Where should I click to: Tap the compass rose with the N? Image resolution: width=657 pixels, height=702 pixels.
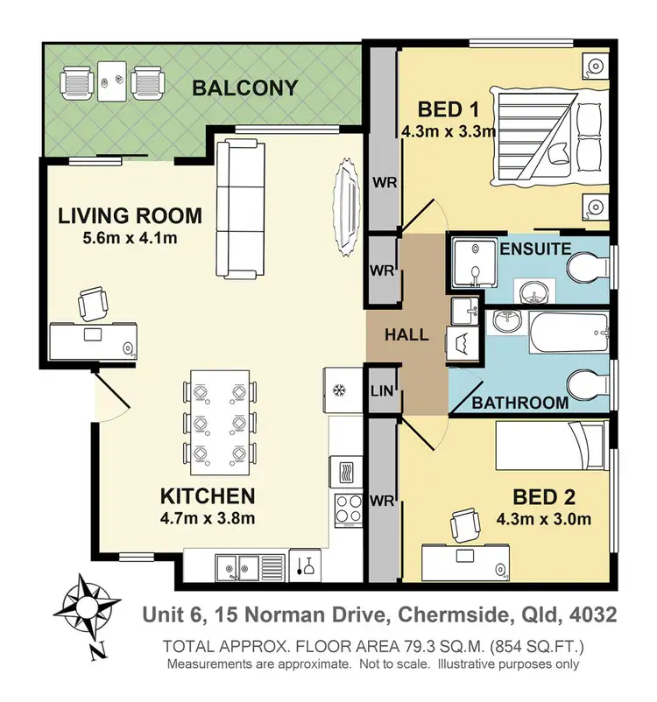(x=88, y=609)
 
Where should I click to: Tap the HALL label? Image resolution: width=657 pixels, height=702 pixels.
(x=406, y=334)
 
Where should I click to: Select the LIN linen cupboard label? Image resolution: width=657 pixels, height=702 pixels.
(x=382, y=390)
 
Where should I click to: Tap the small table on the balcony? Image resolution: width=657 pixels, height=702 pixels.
(x=110, y=81)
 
